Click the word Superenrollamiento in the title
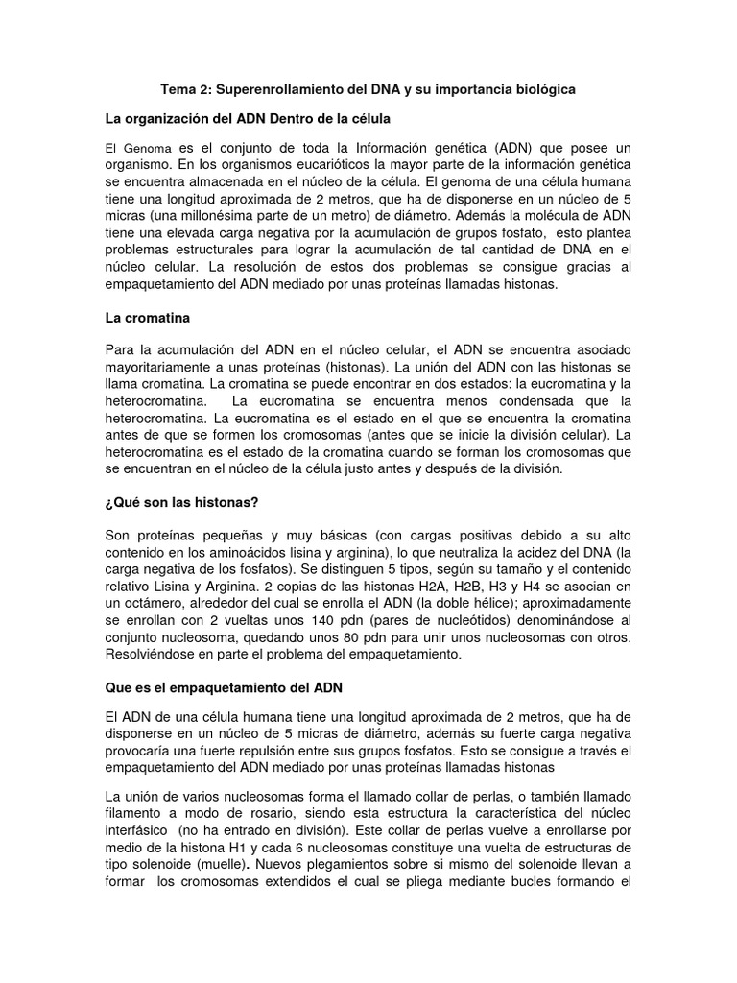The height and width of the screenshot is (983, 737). click(x=279, y=89)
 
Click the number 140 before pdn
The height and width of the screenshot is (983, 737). click(x=282, y=621)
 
